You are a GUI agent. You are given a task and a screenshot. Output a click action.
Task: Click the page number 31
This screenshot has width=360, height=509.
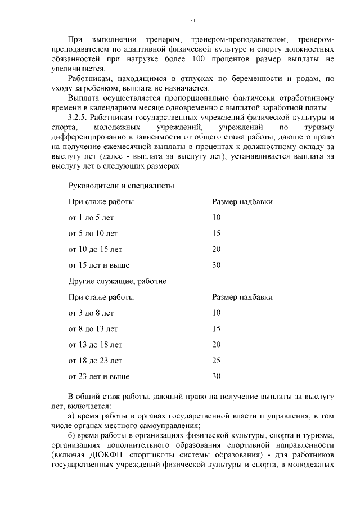pos(192,20)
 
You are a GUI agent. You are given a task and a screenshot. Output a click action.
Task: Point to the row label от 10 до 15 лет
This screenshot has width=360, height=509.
pos(95,249)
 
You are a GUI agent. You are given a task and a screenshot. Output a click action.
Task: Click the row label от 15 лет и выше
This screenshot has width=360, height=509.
pos(99,265)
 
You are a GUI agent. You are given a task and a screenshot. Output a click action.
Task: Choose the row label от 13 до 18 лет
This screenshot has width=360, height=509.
pos(95,344)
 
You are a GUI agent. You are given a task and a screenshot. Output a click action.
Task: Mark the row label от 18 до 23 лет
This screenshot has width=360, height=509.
pos(95,360)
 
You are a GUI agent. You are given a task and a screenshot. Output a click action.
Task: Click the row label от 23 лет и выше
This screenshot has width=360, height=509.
pos(99,376)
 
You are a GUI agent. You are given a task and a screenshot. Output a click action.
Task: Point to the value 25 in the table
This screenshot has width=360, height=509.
pos(217,360)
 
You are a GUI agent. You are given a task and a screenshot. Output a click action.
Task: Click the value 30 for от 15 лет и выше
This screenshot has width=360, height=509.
pos(217,265)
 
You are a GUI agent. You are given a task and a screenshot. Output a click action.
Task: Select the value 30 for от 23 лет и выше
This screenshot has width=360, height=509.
pos(217,376)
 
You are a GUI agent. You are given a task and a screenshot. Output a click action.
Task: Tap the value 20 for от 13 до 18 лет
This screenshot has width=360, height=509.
pos(217,344)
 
